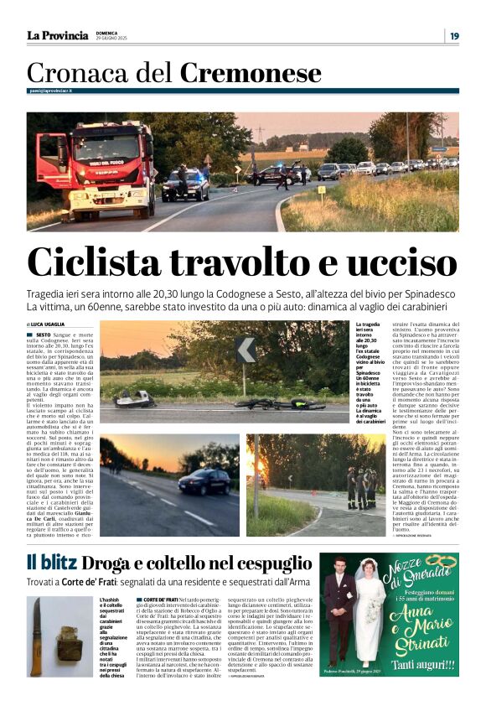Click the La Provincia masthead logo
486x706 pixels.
pyautogui.click(x=57, y=35)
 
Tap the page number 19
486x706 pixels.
pyautogui.click(x=453, y=35)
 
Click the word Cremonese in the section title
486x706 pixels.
pyautogui.click(x=251, y=73)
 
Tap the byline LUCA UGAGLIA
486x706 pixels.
pyautogui.click(x=48, y=324)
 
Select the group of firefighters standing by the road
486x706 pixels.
pyautogui.click(x=362, y=485)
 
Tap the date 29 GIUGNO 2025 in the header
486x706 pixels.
pyautogui.click(x=113, y=39)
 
